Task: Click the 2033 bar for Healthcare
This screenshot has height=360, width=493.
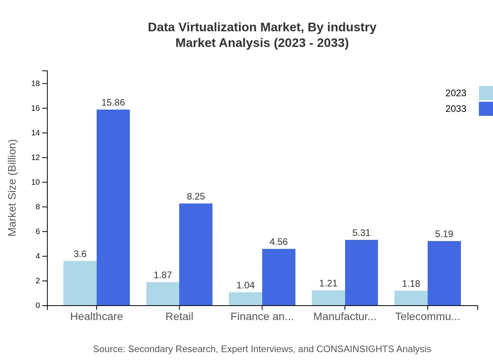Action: click(x=113, y=207)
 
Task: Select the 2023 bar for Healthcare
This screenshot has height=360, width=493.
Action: click(x=80, y=283)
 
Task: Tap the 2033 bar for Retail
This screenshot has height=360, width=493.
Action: click(x=196, y=254)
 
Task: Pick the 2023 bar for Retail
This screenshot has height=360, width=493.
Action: click(x=163, y=293)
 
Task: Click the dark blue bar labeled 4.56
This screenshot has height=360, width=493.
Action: click(x=279, y=277)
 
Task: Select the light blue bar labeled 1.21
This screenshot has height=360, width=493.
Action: click(x=328, y=298)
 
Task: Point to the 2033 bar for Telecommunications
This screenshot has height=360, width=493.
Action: click(x=444, y=273)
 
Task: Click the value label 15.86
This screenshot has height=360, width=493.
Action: click(x=113, y=103)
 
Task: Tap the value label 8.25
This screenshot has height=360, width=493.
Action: click(x=196, y=196)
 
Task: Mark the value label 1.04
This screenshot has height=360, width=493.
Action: click(x=245, y=285)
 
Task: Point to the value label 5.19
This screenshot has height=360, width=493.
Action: click(x=444, y=234)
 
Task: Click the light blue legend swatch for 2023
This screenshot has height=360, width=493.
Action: click(x=486, y=93)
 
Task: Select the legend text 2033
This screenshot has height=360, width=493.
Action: click(x=456, y=109)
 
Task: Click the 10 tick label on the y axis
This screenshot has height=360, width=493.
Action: click(x=38, y=182)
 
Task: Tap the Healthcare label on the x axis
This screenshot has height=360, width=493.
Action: click(x=96, y=316)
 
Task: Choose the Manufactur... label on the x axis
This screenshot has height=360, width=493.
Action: click(x=345, y=316)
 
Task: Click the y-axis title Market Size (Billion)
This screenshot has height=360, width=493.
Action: click(x=13, y=188)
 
